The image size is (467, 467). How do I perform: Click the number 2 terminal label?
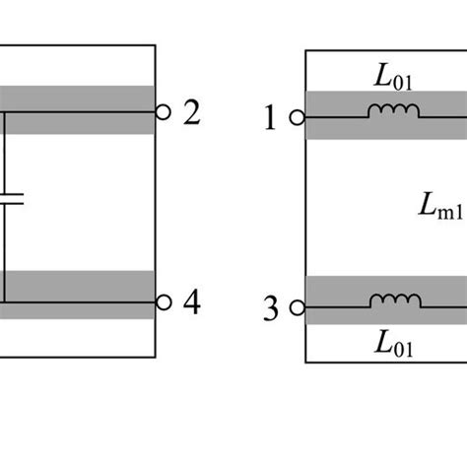coord(191,113)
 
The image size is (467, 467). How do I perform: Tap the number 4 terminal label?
coord(191,302)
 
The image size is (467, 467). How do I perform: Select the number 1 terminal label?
coord(271,119)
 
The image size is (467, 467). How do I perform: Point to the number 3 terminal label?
coord(271,308)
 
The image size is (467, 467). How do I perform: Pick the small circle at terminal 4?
coord(164,301)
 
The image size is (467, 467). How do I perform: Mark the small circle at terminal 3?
coord(296,308)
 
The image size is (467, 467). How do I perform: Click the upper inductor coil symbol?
coord(393,114)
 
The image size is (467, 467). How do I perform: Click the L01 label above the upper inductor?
coord(393,77)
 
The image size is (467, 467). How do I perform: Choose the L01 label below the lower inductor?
coord(393,345)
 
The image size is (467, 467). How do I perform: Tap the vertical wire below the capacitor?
coord(3,251)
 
